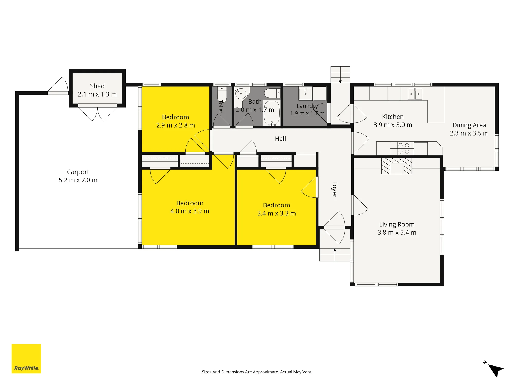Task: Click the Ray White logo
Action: tap(26, 359)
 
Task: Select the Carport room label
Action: tap(78, 172)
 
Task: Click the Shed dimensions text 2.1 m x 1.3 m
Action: tap(97, 94)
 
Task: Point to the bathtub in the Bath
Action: tap(272, 113)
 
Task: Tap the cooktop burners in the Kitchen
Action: tap(403, 148)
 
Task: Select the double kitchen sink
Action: tap(415, 94)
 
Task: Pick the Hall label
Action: tap(280, 139)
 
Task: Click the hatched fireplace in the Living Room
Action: tap(397, 166)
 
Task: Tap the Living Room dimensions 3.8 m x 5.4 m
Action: tap(397, 233)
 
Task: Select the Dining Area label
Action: tap(469, 125)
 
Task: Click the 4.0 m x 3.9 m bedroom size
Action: tap(190, 211)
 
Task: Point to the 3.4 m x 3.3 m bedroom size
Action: tap(277, 213)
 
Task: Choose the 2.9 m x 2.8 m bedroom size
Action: tap(176, 125)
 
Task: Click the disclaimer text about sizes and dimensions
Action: tap(257, 372)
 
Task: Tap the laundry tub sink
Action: tap(305, 94)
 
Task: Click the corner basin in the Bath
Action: tap(241, 94)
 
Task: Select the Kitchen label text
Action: tap(393, 117)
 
